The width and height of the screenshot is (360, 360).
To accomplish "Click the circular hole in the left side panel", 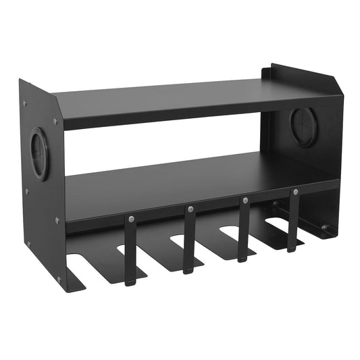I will tap(41, 155).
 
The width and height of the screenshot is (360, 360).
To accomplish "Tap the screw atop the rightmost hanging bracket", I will tap(294, 192).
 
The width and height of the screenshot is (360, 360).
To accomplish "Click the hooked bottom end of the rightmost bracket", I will tap(292, 248).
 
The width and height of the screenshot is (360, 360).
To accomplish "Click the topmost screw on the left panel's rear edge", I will tap(25, 103).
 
